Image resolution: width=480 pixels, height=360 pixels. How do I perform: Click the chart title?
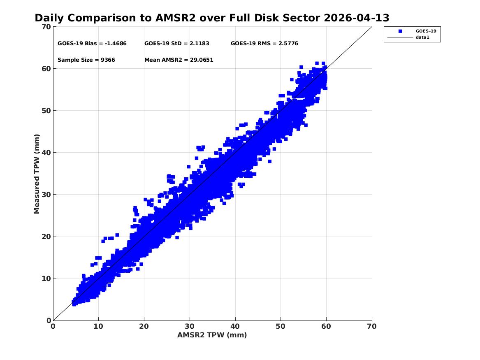pos(212,18)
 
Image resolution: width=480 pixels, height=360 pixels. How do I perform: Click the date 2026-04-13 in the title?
pos(356,18)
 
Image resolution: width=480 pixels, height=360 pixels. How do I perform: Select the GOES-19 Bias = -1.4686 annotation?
pos(92,44)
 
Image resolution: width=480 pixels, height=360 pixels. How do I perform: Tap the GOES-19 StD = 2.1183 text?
pos(177,44)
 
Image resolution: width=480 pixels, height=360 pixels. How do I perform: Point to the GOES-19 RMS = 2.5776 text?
pos(264,44)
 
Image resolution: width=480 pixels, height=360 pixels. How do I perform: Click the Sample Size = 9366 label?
pos(86,60)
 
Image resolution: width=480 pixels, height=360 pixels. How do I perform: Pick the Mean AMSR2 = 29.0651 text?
pos(179,60)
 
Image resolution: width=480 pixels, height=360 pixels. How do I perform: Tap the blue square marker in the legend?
pos(400,31)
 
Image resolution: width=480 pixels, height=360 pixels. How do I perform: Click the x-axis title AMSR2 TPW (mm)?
pos(212,335)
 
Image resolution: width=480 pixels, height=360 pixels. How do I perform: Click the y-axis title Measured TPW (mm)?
pos(37,174)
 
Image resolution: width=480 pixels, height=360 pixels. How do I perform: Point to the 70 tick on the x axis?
pos(372,326)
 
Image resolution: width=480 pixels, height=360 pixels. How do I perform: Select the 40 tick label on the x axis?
pos(235,326)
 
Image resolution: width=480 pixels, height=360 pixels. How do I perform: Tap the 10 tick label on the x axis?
pos(98,326)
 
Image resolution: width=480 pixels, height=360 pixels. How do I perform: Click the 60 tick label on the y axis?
pos(46,69)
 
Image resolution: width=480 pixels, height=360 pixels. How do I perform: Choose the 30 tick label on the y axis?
pos(46,195)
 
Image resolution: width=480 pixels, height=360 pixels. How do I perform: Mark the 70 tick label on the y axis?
pos(46,27)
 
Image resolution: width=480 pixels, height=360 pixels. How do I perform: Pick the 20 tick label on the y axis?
pos(46,237)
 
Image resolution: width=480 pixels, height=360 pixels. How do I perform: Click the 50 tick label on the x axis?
pos(281,326)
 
